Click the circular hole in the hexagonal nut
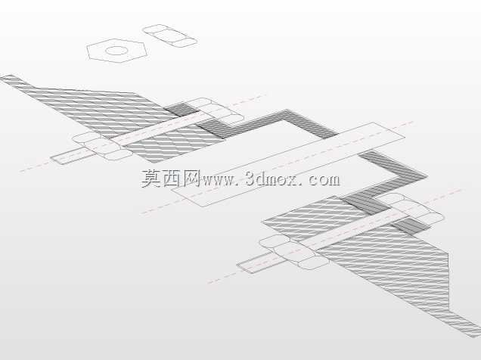click(116, 51)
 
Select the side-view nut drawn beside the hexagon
click(169, 36)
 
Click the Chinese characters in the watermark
click(171, 178)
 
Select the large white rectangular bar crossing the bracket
click(287, 164)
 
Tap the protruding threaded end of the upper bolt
click(72, 156)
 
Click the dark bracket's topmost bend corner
click(287, 110)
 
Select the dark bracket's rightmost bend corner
click(427, 176)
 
